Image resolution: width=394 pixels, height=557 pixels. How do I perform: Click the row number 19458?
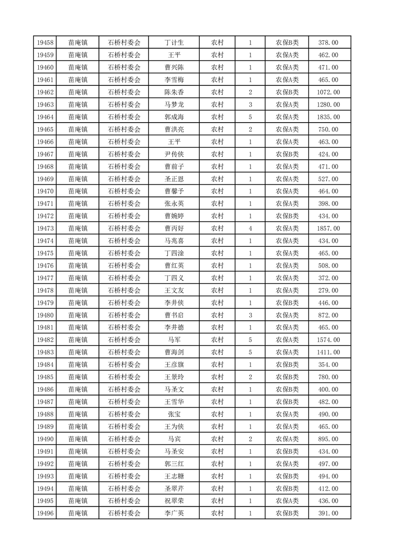click(45, 43)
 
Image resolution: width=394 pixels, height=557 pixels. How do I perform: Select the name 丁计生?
click(174, 43)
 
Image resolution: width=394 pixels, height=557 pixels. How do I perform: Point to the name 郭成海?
click(174, 117)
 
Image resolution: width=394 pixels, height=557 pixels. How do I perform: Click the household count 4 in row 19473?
click(250, 228)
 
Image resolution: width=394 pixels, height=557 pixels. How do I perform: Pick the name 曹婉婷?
click(174, 216)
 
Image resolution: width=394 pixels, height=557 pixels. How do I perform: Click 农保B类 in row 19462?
click(287, 92)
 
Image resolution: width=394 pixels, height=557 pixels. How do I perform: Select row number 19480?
click(45, 315)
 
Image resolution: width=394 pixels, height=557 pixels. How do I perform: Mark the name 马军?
click(174, 340)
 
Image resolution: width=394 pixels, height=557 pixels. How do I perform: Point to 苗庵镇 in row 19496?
click(78, 513)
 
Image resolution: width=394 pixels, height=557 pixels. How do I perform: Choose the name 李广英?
click(174, 513)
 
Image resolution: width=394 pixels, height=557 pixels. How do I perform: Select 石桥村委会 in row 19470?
click(124, 191)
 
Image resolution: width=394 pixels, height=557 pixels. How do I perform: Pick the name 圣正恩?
click(174, 179)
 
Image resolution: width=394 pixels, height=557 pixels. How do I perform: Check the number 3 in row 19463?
click(250, 105)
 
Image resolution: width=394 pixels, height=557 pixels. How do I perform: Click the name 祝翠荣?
click(174, 501)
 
